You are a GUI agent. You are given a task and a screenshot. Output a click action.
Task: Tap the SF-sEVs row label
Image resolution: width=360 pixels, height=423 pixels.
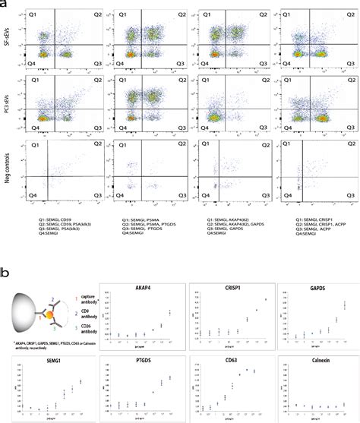pyautogui.click(x=8, y=37)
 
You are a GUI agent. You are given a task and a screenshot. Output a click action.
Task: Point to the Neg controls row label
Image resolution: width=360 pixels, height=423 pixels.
pyautogui.click(x=8, y=168)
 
